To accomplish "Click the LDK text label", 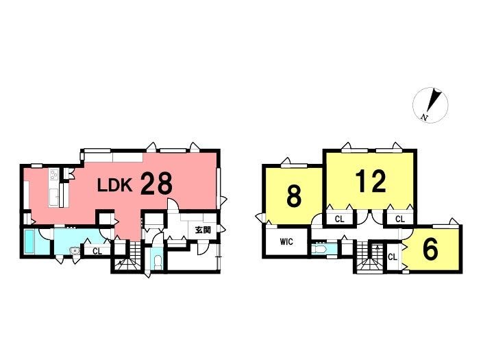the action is pos(115,186).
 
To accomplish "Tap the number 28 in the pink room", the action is pos(156,184).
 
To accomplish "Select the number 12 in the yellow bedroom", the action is pos(371,181).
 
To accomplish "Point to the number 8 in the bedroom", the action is pos(294,196).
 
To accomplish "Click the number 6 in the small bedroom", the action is pos(430,250).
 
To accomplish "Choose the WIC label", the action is pos(286,242).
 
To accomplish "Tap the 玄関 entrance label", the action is pos(203,230).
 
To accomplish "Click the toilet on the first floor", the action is pos(158,262).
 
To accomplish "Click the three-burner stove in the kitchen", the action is pos(53,175).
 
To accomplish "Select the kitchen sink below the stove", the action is pos(53,197).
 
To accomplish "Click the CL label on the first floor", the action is pos(97,252).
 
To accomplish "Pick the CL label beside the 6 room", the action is pos(392,257).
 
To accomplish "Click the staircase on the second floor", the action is pos(370,257).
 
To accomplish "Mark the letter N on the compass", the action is pos(425,117).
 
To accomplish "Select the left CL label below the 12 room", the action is pos(339,219).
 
